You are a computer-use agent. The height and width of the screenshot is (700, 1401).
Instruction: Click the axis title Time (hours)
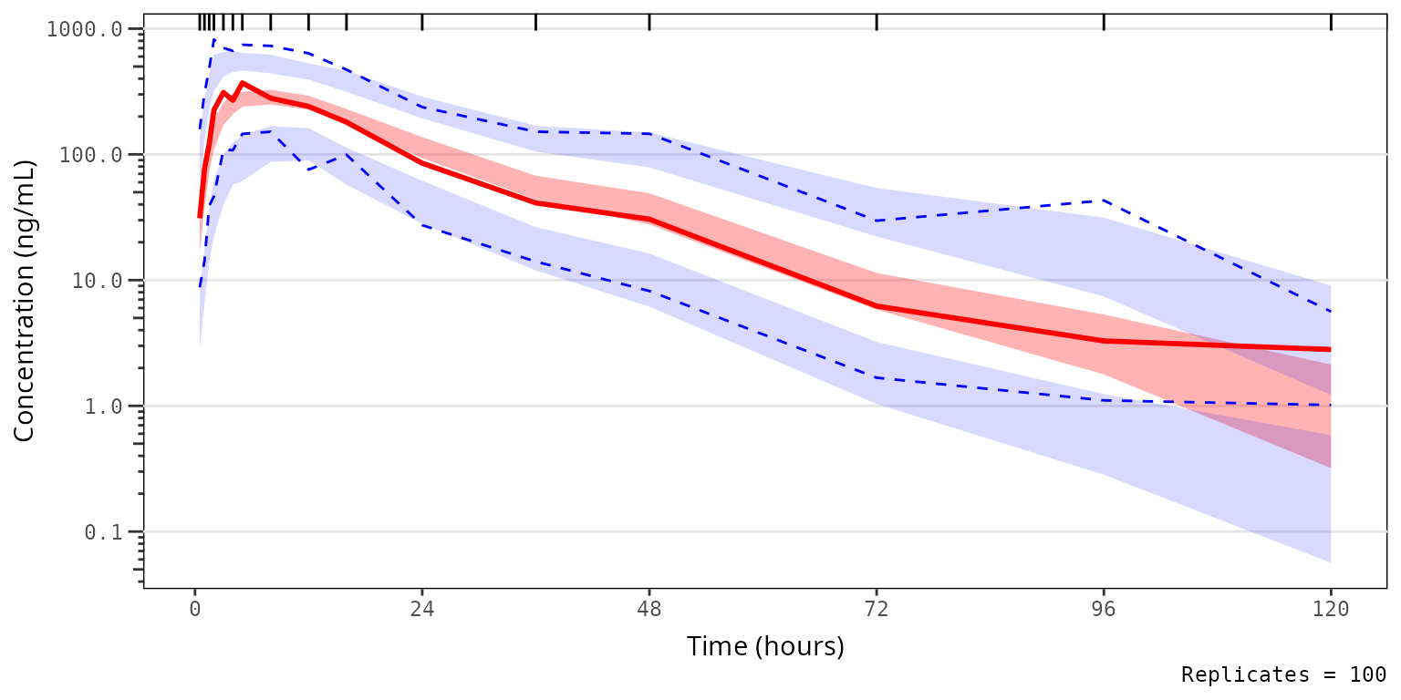pos(765,646)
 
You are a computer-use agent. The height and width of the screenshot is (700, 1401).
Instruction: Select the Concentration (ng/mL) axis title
pos(25,301)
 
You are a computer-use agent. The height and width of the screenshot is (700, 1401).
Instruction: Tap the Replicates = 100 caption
pos(1283,675)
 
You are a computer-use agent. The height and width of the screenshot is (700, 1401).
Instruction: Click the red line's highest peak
pos(242,83)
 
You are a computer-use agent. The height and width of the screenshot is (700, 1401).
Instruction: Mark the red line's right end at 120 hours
pos(1330,349)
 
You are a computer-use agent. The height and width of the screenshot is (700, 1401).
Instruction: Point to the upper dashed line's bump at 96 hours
pos(1104,200)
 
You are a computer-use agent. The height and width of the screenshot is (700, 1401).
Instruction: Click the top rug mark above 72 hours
pos(877,22)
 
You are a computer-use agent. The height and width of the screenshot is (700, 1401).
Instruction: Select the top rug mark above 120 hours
pos(1331,22)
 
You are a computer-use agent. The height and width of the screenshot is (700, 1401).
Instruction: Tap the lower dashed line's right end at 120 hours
pos(1330,405)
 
